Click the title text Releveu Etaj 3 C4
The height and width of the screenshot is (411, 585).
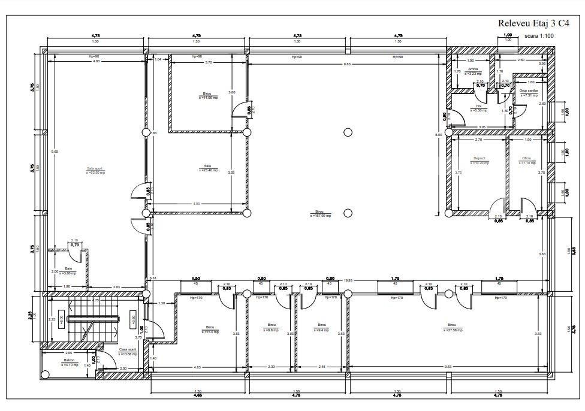coord(533,23)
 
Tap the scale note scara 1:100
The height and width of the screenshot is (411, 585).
coord(539,36)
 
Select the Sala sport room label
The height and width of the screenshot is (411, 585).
coord(95,169)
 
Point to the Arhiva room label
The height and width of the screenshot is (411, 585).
coord(474,69)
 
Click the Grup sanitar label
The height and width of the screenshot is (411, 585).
coord(529,91)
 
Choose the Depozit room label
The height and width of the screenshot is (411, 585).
coord(478,159)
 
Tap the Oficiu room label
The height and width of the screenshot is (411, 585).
coord(527,159)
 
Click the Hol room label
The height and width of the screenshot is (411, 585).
coord(479,107)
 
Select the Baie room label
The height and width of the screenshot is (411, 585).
coord(68,268)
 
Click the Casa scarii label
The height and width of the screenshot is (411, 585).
coord(128,349)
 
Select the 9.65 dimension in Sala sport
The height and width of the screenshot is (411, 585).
coord(54,152)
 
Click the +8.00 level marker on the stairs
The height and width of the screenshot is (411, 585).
coord(62,319)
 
